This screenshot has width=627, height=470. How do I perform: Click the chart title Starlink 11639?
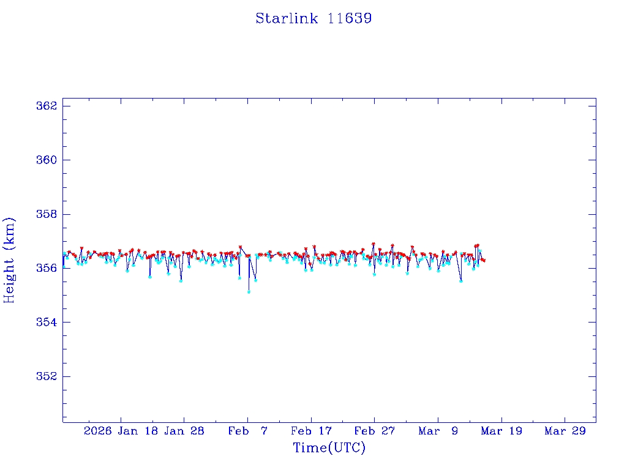pos(313,18)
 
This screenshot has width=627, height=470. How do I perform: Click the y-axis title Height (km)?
pos(9,260)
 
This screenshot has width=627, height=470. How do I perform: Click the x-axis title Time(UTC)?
pos(329,448)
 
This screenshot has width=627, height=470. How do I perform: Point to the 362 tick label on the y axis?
pos(47,106)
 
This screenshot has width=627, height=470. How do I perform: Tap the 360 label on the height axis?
pos(47,160)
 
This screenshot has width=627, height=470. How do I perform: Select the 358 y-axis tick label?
pos(47,214)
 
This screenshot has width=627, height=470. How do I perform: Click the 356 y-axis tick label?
pos(47,268)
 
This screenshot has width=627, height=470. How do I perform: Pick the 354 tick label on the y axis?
pos(47,322)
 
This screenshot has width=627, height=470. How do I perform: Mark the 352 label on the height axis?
pos(47,376)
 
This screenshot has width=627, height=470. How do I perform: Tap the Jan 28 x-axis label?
pos(184,431)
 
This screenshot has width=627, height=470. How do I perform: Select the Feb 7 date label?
pos(248,431)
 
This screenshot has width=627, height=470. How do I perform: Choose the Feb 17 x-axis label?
pos(312,431)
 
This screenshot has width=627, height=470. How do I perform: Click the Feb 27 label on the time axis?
pos(375,431)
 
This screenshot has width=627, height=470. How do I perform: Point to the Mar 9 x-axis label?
pos(438,431)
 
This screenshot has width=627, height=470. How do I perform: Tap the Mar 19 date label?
pos(501,431)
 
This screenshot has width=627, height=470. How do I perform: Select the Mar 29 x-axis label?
pos(565,431)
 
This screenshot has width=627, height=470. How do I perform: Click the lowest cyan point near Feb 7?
pos(249,292)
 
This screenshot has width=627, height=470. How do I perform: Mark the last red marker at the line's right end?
pos(484,261)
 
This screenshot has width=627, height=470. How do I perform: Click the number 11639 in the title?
pos(350,18)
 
